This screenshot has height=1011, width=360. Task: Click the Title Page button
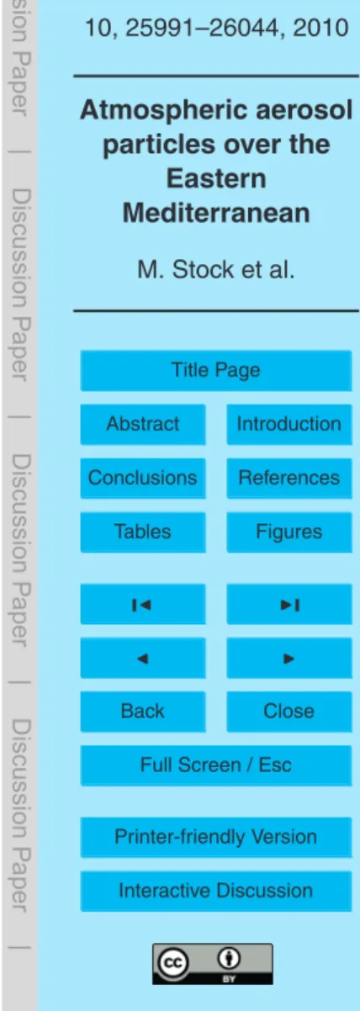tap(215, 371)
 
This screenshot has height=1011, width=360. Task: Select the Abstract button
tap(143, 424)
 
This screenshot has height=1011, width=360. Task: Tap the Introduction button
tap(289, 424)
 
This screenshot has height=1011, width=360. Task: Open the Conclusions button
tap(143, 478)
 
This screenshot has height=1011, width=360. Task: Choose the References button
tap(289, 478)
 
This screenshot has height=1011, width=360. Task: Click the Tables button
tap(143, 532)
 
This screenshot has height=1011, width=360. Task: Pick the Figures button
tap(289, 532)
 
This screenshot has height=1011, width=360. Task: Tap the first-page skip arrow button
tap(143, 604)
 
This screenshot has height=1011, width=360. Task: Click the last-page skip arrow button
tap(289, 604)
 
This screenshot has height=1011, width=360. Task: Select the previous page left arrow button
tap(143, 658)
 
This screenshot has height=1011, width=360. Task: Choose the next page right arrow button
tap(289, 658)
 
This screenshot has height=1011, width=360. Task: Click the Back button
tap(143, 712)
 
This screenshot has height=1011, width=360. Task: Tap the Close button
tap(289, 712)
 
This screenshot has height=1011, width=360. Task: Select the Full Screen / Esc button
tap(215, 765)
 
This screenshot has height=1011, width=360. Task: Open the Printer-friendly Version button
tap(215, 837)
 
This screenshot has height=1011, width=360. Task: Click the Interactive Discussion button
tap(215, 891)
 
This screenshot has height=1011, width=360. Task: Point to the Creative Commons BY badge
tap(213, 964)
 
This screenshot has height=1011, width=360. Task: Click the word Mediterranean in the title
tap(216, 213)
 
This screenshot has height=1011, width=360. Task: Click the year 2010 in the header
tap(320, 28)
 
